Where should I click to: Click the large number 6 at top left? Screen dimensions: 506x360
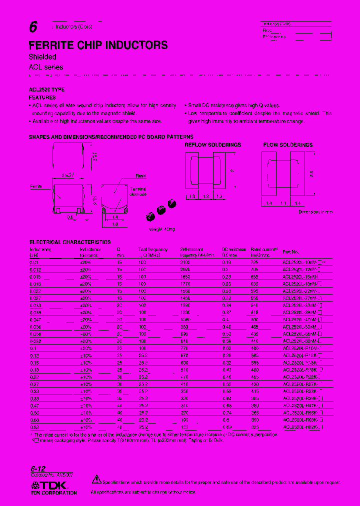(33, 29)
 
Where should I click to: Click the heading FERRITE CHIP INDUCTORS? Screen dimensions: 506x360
(98, 45)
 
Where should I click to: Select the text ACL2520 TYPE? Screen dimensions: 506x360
(46, 89)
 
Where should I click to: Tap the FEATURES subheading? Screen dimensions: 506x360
(42, 97)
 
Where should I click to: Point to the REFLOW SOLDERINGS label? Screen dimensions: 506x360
(212, 144)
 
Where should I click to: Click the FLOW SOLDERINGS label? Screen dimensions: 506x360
(287, 144)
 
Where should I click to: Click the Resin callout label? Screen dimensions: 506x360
(140, 176)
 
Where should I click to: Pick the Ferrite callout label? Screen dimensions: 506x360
(36, 186)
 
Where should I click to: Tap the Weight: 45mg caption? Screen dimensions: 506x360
(162, 229)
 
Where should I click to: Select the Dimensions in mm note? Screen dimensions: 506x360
(315, 212)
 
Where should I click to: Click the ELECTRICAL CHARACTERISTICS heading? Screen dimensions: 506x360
(69, 242)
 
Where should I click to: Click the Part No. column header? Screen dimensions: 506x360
(290, 252)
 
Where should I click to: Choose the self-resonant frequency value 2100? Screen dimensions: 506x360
(185, 262)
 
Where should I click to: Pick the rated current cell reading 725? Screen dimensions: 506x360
(255, 262)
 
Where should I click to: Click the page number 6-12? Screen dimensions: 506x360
(38, 469)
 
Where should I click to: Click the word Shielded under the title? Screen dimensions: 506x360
(42, 57)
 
